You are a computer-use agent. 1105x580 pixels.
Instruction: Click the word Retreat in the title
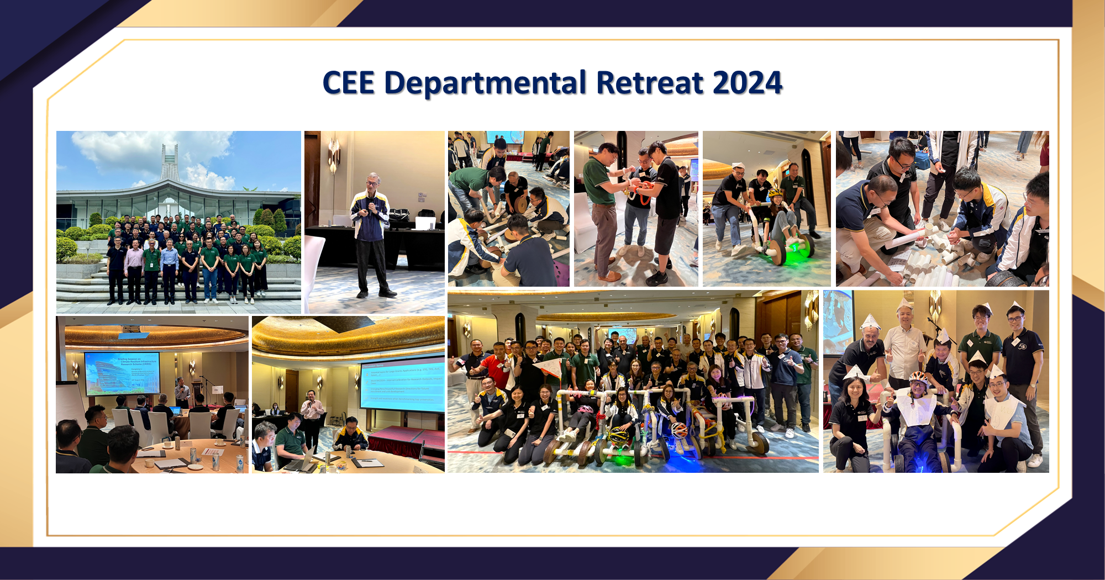click(x=650, y=83)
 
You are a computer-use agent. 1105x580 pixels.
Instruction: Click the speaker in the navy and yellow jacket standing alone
click(x=371, y=232)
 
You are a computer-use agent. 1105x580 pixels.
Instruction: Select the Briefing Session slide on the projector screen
click(x=123, y=373)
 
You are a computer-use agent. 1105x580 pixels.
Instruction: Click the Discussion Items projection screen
click(x=402, y=386)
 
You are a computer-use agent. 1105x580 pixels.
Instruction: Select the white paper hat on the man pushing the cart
click(x=738, y=165)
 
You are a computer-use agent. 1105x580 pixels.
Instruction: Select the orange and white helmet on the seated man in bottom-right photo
click(x=918, y=378)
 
